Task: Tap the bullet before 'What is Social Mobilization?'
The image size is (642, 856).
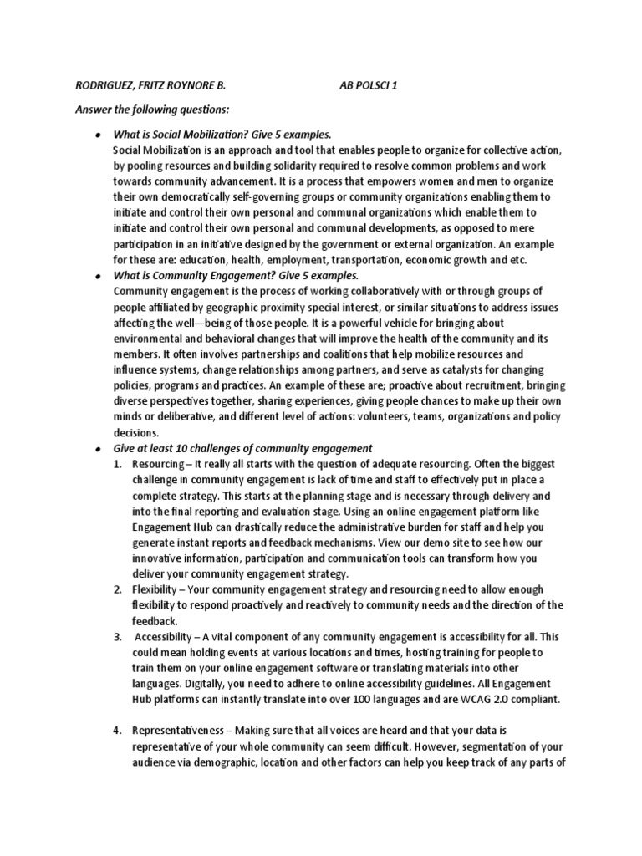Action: (99, 135)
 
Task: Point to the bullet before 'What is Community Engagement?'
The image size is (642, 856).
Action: (99, 275)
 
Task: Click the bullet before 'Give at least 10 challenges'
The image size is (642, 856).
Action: (99, 448)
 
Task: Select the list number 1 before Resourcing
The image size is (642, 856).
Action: (118, 463)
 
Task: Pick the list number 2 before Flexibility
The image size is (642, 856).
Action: (118, 589)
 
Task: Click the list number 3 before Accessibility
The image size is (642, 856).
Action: (118, 636)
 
